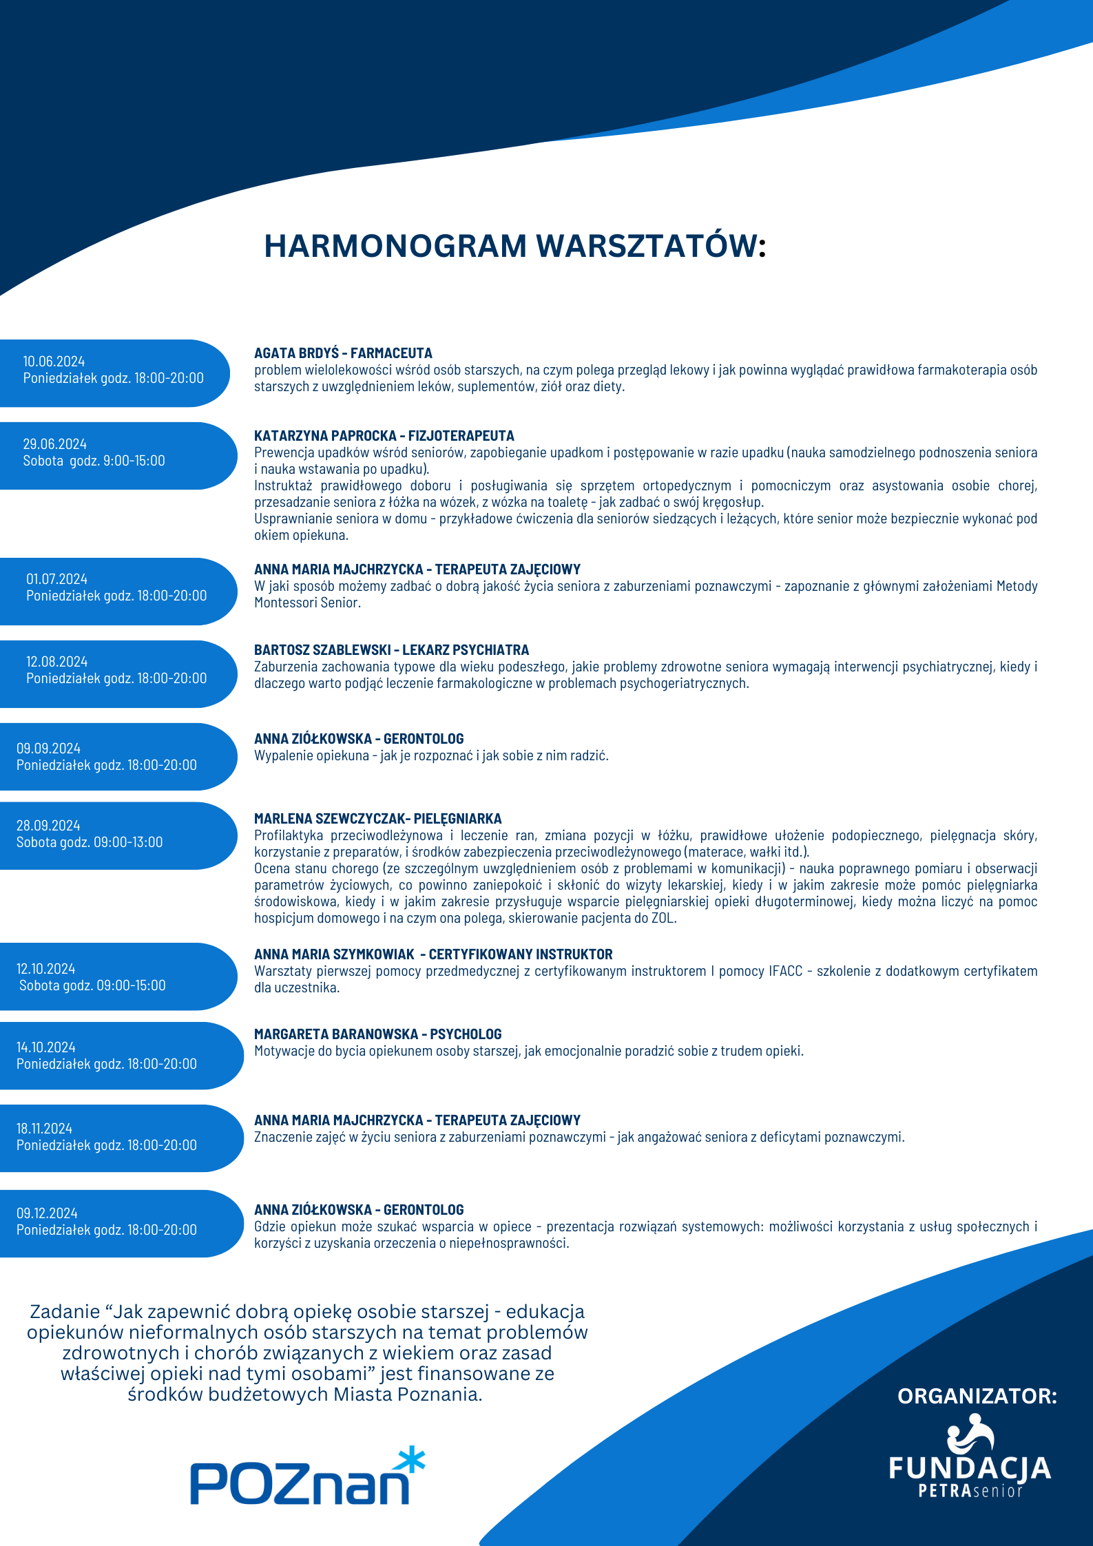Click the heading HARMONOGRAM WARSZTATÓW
[514, 246]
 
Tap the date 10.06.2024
[54, 362]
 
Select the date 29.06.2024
[55, 444]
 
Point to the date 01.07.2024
[57, 579]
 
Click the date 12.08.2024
[57, 662]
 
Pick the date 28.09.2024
[48, 826]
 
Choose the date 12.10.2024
[46, 969]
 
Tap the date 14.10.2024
[46, 1047]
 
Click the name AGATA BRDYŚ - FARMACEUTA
[343, 353]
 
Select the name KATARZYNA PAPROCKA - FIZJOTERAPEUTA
[384, 436]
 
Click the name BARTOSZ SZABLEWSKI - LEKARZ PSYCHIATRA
[391, 650]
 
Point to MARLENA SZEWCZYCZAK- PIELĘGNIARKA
[377, 819]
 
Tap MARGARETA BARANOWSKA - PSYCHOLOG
[377, 1034]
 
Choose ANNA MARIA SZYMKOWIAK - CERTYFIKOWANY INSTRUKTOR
[433, 954]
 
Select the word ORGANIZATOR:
[977, 1396]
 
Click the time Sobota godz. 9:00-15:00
[94, 461]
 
